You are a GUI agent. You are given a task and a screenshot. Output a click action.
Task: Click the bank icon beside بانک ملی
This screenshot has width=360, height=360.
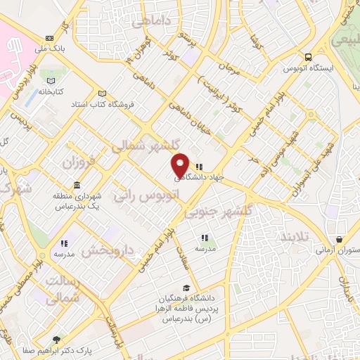click(49, 38)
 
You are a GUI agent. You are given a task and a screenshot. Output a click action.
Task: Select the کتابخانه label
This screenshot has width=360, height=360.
click(53, 91)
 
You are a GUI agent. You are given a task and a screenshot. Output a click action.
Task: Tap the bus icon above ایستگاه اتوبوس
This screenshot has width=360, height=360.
click(307, 58)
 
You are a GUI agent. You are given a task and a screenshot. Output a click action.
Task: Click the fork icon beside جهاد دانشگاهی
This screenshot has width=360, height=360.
click(200, 167)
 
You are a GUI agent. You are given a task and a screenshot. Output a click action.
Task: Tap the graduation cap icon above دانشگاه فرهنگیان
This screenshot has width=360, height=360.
click(186, 288)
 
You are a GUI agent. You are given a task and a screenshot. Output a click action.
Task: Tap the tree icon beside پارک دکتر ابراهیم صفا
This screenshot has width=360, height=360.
click(56, 339)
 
